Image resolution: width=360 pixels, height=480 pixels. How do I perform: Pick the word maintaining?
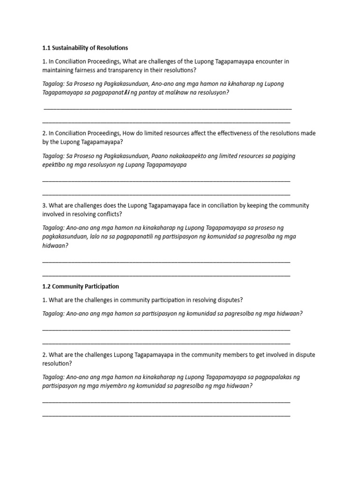point(60,70)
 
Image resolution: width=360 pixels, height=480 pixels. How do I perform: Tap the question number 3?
point(44,205)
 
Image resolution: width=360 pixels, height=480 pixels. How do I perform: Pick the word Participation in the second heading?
point(99,286)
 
